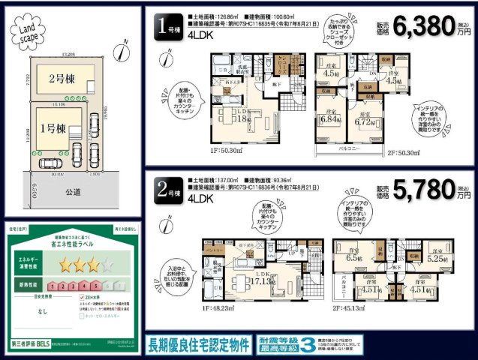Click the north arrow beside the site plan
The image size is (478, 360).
[x=121, y=52]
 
